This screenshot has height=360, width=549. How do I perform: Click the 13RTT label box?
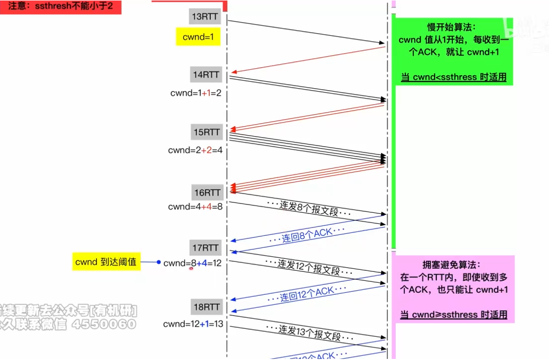click(x=205, y=17)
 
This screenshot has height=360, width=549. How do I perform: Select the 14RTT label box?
click(x=206, y=75)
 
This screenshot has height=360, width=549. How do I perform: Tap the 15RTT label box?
click(x=206, y=133)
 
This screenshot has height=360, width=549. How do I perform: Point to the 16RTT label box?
click(x=206, y=193)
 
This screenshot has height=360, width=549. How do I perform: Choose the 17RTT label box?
click(x=206, y=248)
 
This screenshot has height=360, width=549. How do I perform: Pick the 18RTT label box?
click(x=206, y=307)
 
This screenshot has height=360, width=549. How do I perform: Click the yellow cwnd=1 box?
click(x=198, y=37)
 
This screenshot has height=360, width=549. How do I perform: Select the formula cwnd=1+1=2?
click(x=196, y=93)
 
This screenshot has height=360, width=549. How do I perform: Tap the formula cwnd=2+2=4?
click(x=196, y=150)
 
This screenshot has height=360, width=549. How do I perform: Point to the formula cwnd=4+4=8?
click(x=196, y=207)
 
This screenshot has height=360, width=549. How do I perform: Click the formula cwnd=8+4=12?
click(x=193, y=263)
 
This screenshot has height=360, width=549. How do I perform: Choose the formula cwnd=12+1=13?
click(x=193, y=324)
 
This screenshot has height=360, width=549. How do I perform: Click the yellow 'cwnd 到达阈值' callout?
click(x=106, y=262)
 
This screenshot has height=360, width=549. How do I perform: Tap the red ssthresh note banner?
click(x=61, y=7)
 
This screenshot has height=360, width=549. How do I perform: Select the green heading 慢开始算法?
click(x=452, y=27)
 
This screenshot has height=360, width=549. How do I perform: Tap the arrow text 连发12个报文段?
click(x=309, y=266)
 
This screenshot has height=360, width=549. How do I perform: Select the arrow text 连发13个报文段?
click(x=309, y=332)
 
